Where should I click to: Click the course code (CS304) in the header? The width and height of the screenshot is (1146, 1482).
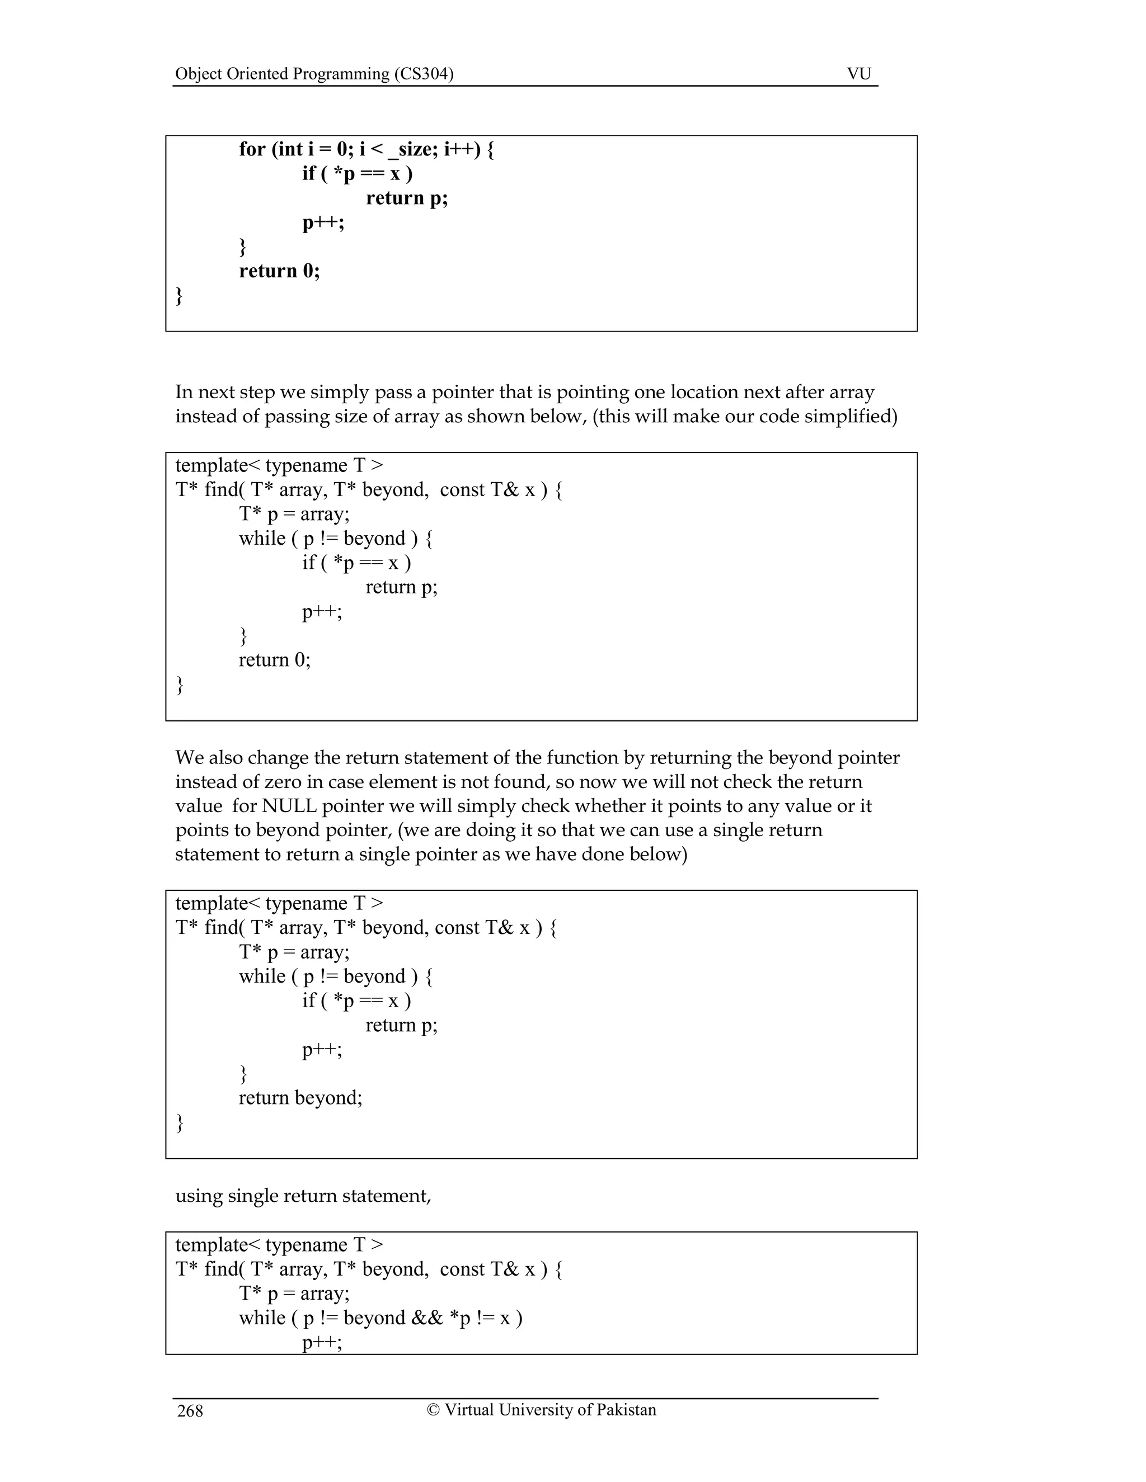424,74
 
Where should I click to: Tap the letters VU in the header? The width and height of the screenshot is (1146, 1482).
859,74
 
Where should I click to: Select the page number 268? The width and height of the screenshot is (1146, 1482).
190,1412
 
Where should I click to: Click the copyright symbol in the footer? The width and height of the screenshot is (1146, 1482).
433,1409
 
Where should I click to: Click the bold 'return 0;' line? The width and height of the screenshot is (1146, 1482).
279,271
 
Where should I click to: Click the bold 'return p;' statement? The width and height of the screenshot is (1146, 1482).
407,198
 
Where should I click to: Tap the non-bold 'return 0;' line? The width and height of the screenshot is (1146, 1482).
274,659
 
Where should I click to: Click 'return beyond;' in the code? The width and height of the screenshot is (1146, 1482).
300,1097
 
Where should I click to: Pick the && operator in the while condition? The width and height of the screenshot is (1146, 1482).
427,1318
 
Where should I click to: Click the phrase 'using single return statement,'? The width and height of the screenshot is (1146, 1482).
303,1196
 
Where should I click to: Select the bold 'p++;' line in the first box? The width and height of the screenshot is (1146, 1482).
323,223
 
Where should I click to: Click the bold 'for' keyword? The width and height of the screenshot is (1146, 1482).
252,149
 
